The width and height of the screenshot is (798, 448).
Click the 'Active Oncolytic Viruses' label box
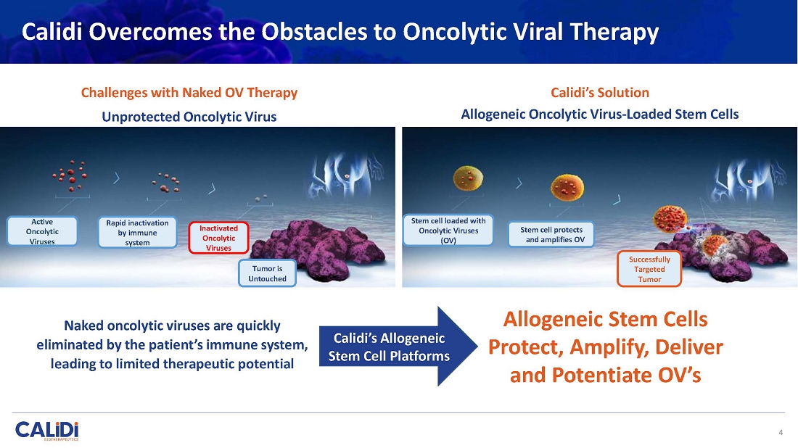[x=42, y=231]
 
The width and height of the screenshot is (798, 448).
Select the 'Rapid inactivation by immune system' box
[x=137, y=233]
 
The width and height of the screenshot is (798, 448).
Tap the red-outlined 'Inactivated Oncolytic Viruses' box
[x=219, y=238]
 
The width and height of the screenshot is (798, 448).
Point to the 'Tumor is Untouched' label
[x=267, y=273]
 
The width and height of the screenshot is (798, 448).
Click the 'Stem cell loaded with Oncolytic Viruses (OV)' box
[x=448, y=231]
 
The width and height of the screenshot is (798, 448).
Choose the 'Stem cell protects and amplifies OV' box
[x=551, y=234]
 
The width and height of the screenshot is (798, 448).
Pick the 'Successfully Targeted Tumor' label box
[x=649, y=269]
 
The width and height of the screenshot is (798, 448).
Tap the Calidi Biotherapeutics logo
[x=47, y=431]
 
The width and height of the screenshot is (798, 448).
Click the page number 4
[x=781, y=433]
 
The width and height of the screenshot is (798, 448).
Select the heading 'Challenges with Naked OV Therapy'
[x=189, y=93]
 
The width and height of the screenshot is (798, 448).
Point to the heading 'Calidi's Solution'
[x=600, y=93]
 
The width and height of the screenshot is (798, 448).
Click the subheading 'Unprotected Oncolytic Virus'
[x=189, y=117]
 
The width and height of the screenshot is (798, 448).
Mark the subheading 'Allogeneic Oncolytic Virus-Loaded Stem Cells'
[x=600, y=114]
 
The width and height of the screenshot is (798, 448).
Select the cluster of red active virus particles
[x=70, y=176]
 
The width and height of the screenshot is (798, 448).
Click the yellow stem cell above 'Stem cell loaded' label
[x=468, y=178]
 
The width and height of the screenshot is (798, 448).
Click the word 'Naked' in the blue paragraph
[x=83, y=325]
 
